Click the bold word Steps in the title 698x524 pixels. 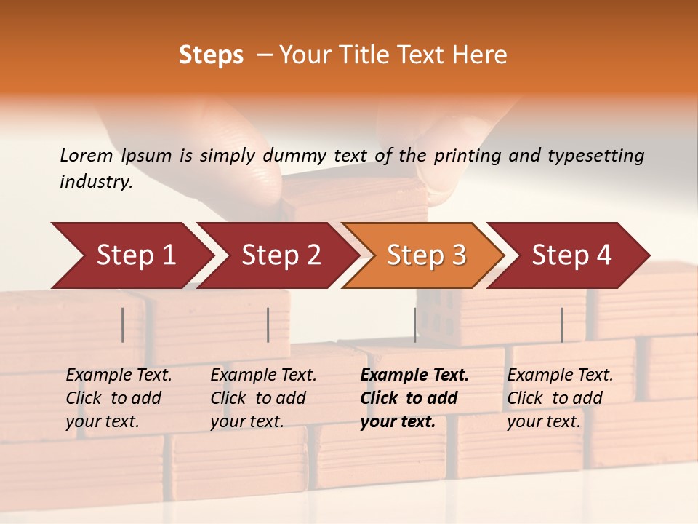[211, 55]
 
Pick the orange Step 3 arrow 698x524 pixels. [426, 255]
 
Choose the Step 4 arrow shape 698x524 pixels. [571, 255]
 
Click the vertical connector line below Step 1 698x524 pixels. [123, 325]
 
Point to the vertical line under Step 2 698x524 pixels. [268, 325]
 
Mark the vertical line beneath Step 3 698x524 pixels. [414, 325]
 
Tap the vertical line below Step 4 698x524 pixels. [561, 325]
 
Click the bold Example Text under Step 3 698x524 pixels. [414, 376]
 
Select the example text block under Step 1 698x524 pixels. [119, 398]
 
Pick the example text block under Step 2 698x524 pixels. [263, 398]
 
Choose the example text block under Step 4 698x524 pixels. [560, 398]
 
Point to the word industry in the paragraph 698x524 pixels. [95, 182]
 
